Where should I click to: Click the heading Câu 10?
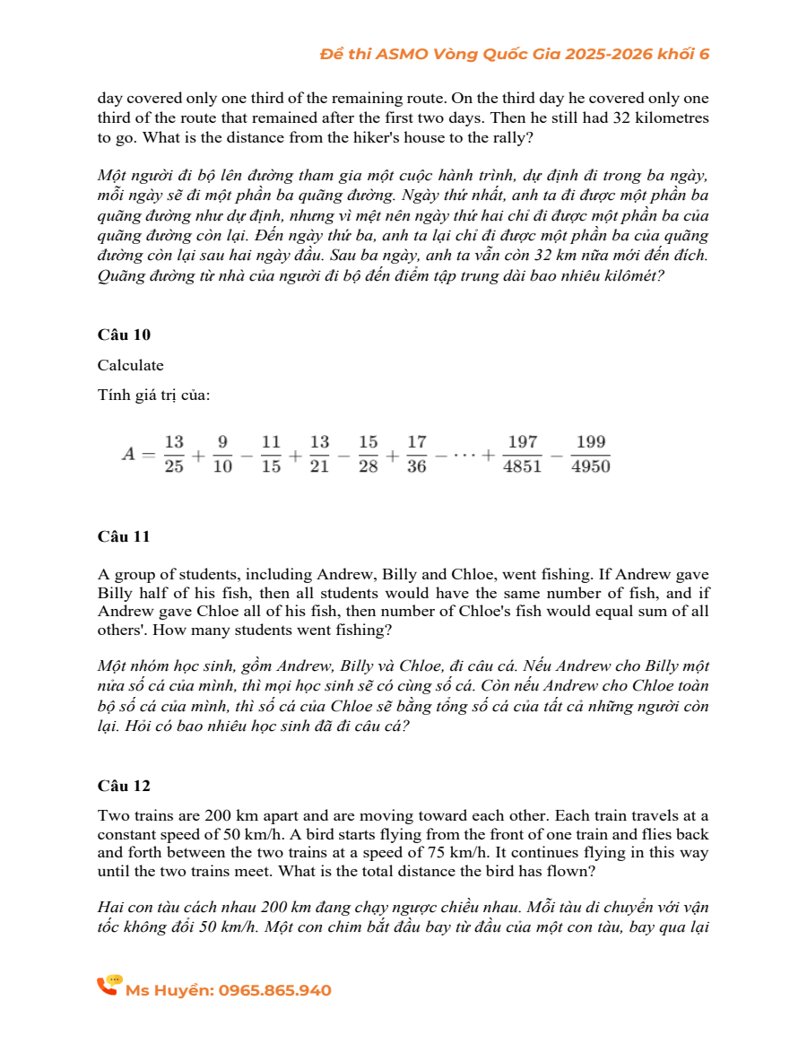(124, 335)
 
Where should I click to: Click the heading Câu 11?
(124, 536)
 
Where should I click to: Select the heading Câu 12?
(124, 786)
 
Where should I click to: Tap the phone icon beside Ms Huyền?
(108, 987)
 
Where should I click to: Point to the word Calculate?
(131, 365)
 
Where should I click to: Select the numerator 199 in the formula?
(592, 442)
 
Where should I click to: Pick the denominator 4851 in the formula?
(523, 466)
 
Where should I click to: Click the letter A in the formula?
(129, 454)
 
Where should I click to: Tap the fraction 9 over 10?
(222, 454)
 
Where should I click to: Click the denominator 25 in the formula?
(174, 466)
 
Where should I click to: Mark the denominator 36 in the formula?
(416, 466)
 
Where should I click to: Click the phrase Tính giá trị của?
(153, 396)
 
